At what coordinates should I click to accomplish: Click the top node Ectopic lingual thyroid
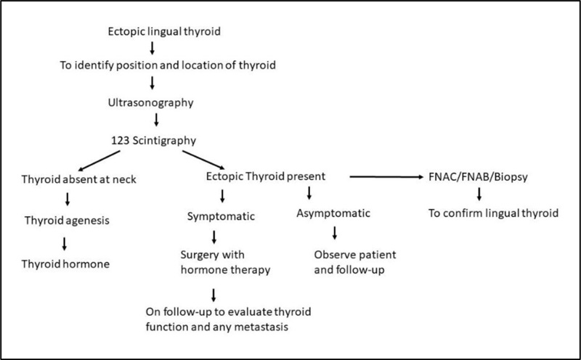(164, 31)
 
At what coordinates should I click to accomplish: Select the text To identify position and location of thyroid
(168, 65)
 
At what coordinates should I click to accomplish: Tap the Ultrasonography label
(151, 103)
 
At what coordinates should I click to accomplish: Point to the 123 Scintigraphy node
(154, 141)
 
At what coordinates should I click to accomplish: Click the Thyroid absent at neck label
(79, 179)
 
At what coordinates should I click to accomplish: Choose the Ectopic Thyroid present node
(266, 176)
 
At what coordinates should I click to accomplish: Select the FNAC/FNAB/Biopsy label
(478, 177)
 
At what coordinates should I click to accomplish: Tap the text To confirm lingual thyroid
(493, 213)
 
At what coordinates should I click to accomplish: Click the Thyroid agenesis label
(67, 221)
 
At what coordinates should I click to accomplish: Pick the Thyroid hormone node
(65, 264)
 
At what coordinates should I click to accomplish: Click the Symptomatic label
(221, 217)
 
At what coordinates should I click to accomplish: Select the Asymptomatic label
(333, 213)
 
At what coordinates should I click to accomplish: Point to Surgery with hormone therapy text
(225, 262)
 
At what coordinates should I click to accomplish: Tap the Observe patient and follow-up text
(355, 262)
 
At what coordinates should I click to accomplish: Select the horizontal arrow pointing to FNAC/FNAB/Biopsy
(386, 177)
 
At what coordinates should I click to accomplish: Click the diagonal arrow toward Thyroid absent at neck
(99, 160)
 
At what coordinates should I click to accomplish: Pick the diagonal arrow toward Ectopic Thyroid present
(203, 160)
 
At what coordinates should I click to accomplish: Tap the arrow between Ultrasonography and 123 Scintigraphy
(156, 120)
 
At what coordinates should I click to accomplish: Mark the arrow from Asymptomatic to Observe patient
(335, 233)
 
